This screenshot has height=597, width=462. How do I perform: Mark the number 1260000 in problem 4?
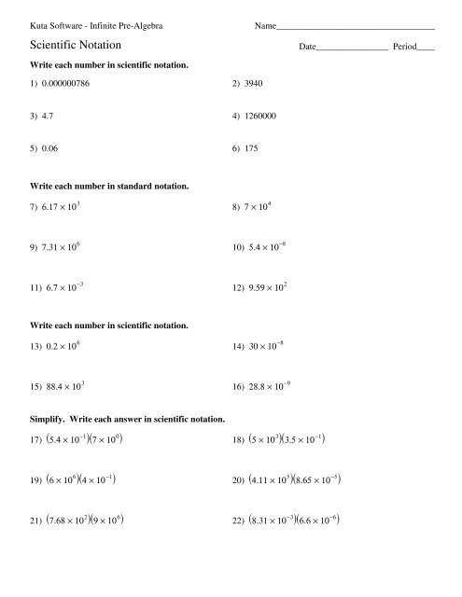[259, 116]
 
